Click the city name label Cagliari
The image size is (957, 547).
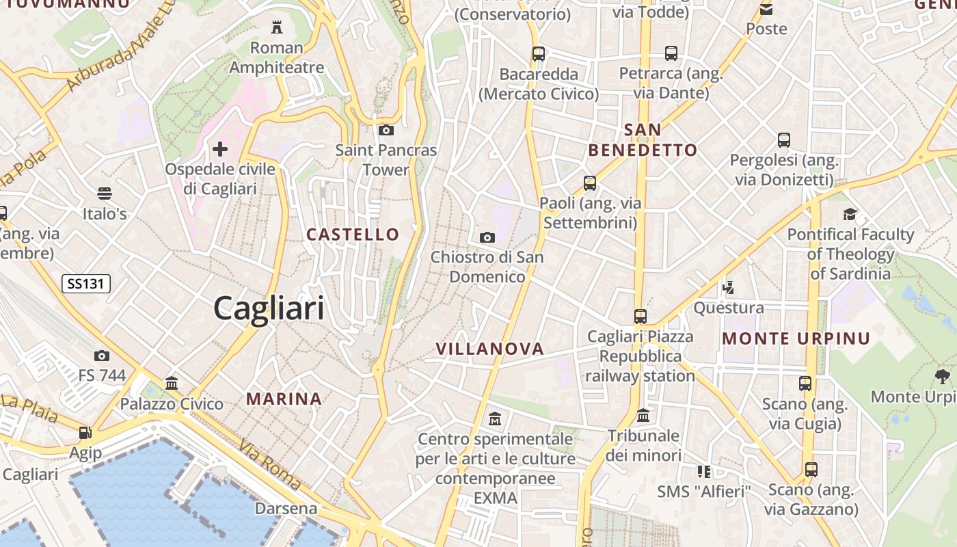(269, 308)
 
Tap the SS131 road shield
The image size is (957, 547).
(86, 283)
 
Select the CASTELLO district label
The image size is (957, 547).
(353, 235)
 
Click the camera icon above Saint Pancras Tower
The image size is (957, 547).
(386, 130)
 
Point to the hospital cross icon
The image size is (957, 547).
(220, 148)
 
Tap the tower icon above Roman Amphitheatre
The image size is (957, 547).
(277, 27)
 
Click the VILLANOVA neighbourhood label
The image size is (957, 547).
(490, 349)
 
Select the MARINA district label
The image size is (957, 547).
(284, 399)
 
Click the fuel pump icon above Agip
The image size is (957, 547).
(85, 432)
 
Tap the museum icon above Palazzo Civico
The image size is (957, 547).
(172, 383)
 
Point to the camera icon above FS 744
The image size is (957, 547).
(102, 356)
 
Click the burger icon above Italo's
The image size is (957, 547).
(105, 194)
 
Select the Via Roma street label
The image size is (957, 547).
(269, 466)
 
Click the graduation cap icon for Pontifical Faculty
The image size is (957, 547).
(850, 214)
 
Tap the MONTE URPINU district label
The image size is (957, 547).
(796, 338)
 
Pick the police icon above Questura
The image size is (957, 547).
(729, 287)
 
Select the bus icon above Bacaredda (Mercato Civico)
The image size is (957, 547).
(539, 53)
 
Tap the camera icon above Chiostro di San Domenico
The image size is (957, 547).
(487, 237)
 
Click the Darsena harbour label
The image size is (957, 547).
(286, 509)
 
